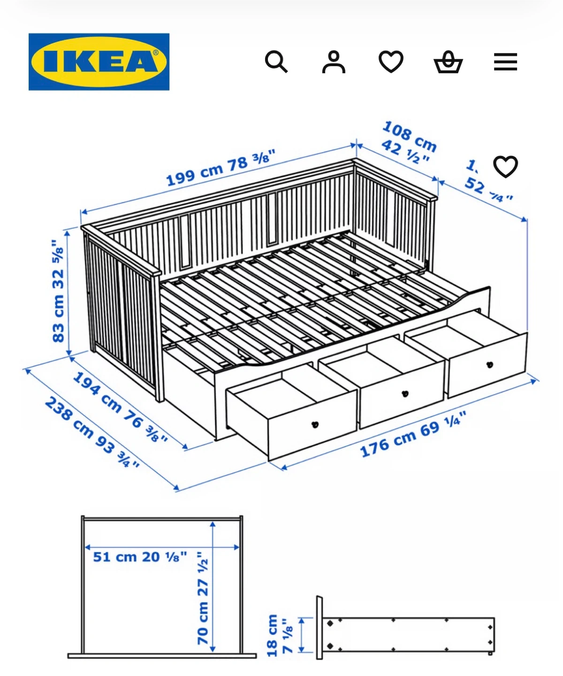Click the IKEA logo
[99, 61]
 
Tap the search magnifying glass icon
[276, 61]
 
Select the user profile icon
[334, 61]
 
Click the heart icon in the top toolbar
[391, 61]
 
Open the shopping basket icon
[448, 62]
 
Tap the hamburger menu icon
[505, 62]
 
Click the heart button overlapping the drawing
[505, 166]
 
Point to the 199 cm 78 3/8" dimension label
[221, 168]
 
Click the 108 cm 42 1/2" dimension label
[408, 143]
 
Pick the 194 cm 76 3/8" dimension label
[120, 407]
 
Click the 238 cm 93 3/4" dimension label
[92, 432]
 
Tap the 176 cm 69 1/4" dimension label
[413, 435]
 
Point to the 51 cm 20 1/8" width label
[140, 557]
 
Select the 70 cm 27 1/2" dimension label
[202, 599]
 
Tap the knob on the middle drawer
[405, 393]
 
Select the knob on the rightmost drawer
[490, 364]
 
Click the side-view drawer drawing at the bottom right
[406, 634]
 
